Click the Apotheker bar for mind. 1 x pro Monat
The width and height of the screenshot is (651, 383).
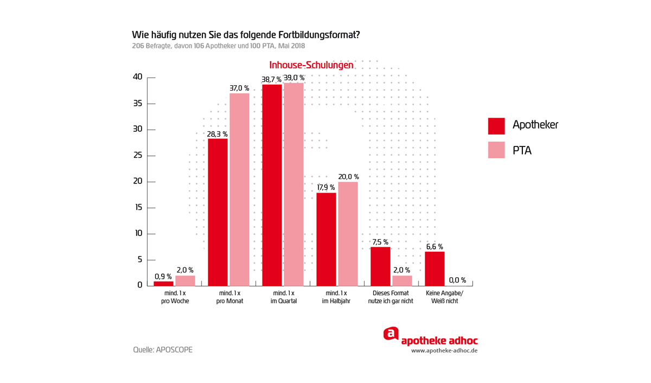click(218, 212)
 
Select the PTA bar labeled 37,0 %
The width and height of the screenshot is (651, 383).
click(239, 189)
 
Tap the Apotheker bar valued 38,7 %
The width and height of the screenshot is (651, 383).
click(272, 184)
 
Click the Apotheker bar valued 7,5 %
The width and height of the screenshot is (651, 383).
click(380, 266)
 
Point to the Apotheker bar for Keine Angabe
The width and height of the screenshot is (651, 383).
click(435, 269)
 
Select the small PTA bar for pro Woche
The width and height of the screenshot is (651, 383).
click(185, 280)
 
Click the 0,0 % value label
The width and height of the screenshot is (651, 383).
click(457, 280)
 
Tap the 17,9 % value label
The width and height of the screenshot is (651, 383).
click(326, 188)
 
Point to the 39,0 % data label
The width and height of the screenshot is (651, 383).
click(294, 78)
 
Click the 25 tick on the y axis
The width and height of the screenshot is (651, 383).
click(138, 156)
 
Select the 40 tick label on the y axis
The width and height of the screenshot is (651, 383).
click(138, 77)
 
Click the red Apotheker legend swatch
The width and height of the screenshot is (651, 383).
click(496, 126)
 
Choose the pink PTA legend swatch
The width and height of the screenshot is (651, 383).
click(496, 150)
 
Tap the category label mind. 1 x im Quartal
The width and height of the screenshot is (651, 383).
click(284, 297)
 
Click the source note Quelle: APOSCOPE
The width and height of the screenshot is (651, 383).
click(163, 350)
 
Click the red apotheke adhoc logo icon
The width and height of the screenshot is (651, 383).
click(391, 334)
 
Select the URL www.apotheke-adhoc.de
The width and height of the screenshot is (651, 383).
click(444, 350)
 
